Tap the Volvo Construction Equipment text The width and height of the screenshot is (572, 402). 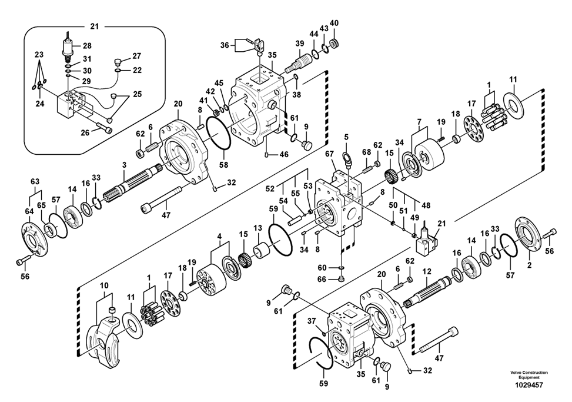point(529,374)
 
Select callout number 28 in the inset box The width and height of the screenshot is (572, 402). point(87,45)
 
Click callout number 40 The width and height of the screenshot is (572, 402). point(334,23)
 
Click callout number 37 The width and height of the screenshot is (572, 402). point(312,320)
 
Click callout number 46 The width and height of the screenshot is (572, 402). point(284,154)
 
